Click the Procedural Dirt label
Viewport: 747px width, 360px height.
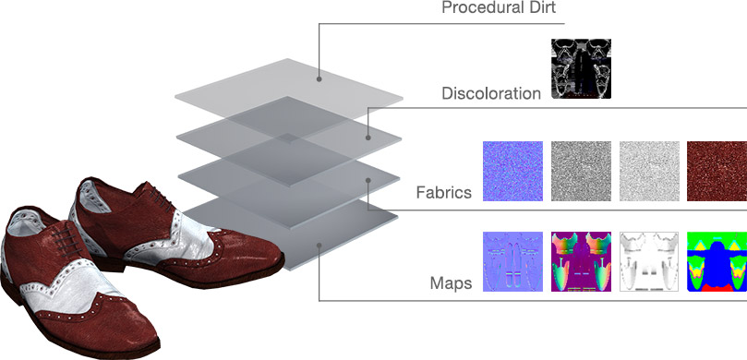pos(499,7)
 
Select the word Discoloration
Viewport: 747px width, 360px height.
pos(491,93)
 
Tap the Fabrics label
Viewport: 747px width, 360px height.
pos(444,193)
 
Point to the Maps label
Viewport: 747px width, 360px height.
pos(452,283)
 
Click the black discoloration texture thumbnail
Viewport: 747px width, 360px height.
pos(581,69)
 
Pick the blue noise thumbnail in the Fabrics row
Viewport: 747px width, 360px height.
pos(512,171)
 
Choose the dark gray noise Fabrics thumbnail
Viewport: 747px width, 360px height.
pos(581,171)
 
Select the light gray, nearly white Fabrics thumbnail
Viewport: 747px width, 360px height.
pos(649,171)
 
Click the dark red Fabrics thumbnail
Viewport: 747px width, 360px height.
pos(717,171)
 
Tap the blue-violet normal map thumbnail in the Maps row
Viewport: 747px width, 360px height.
pos(512,261)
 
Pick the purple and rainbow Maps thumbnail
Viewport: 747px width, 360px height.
pos(581,261)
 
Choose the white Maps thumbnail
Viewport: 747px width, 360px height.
pos(649,261)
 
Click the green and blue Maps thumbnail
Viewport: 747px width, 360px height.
pos(717,261)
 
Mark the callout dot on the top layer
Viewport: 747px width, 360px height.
pos(319,79)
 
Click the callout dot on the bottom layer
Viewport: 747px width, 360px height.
pos(319,246)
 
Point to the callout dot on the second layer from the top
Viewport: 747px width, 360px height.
pos(368,138)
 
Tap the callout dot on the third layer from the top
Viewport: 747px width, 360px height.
pos(368,180)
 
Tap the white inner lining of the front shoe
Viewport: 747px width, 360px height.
pos(21,222)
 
